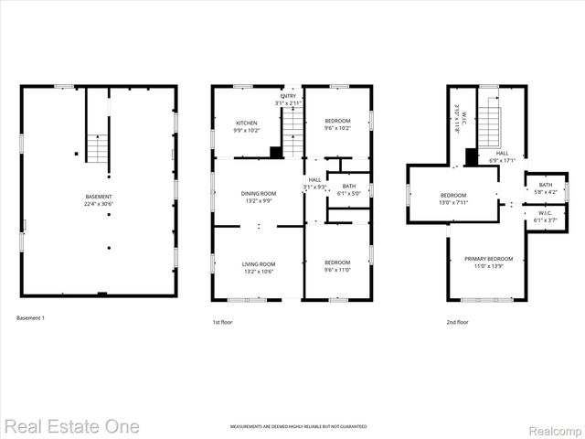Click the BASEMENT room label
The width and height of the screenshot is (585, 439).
point(99,197)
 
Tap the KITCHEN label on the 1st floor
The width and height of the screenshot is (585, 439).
point(247,123)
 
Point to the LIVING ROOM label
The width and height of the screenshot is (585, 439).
point(259,263)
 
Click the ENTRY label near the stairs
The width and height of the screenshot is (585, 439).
point(289,96)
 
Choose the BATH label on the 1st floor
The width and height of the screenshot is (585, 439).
point(349,186)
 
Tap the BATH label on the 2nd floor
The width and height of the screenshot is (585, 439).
point(545,185)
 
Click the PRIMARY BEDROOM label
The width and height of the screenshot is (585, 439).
point(487,258)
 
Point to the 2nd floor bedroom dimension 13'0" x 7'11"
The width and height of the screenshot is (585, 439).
point(453,202)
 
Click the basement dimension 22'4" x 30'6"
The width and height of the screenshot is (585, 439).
point(99,204)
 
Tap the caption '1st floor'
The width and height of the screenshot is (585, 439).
point(223,322)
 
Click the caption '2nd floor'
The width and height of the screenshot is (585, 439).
point(457,322)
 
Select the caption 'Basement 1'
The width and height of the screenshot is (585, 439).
point(30,317)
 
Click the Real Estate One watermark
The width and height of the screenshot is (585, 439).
point(71,425)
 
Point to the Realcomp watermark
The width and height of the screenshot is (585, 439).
point(553,426)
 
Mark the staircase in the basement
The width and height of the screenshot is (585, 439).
point(97,146)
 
